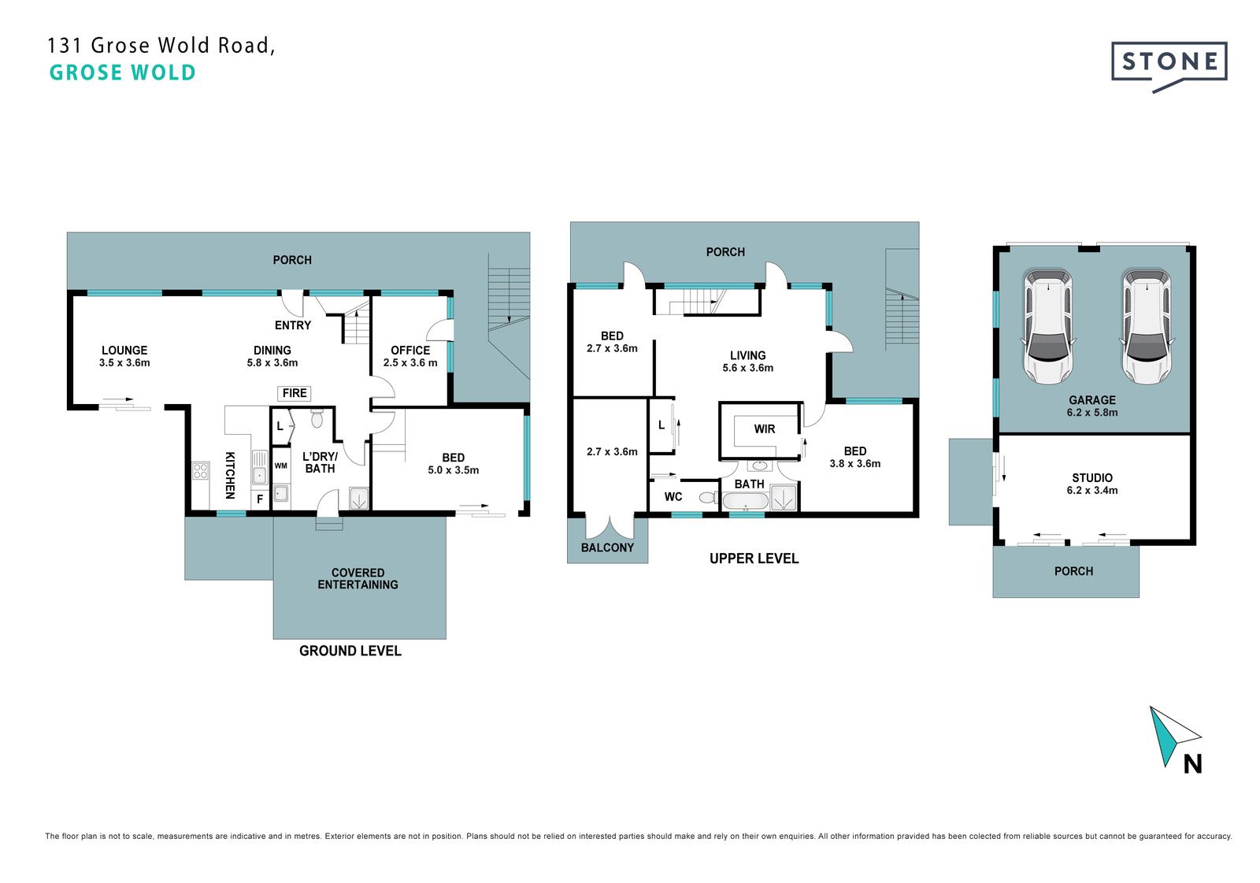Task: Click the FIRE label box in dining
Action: (x=295, y=393)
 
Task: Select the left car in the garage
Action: (x=1048, y=326)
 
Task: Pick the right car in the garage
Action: (x=1147, y=326)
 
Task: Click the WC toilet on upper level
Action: (x=708, y=498)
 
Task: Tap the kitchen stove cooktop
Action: (x=201, y=471)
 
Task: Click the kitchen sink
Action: (x=259, y=467)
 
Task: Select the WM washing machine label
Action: (x=280, y=466)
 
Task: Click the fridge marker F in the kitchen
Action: (x=260, y=499)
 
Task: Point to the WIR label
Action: (x=765, y=429)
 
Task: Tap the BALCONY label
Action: (x=607, y=547)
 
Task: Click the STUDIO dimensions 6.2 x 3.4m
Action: (x=1091, y=491)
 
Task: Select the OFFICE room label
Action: (x=410, y=350)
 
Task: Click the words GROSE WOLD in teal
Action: (x=123, y=72)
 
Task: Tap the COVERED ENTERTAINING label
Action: (x=358, y=578)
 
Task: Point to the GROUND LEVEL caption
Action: (x=350, y=651)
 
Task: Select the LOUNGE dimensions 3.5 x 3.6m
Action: (x=124, y=363)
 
